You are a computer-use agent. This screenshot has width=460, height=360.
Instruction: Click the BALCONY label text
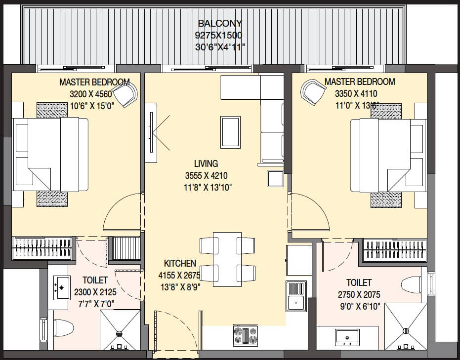coord(220,23)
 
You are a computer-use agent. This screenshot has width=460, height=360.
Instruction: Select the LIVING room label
coord(206,163)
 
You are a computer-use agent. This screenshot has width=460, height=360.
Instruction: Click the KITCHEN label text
coord(180,264)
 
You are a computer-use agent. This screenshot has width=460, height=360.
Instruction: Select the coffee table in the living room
coord(230,132)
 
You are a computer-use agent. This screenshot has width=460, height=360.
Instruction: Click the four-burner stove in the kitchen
coord(245,335)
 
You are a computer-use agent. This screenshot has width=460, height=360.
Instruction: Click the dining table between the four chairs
coord(227,259)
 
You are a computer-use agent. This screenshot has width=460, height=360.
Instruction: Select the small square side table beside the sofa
coord(275,178)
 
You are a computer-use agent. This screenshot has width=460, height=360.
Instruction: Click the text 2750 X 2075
coord(359,295)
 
